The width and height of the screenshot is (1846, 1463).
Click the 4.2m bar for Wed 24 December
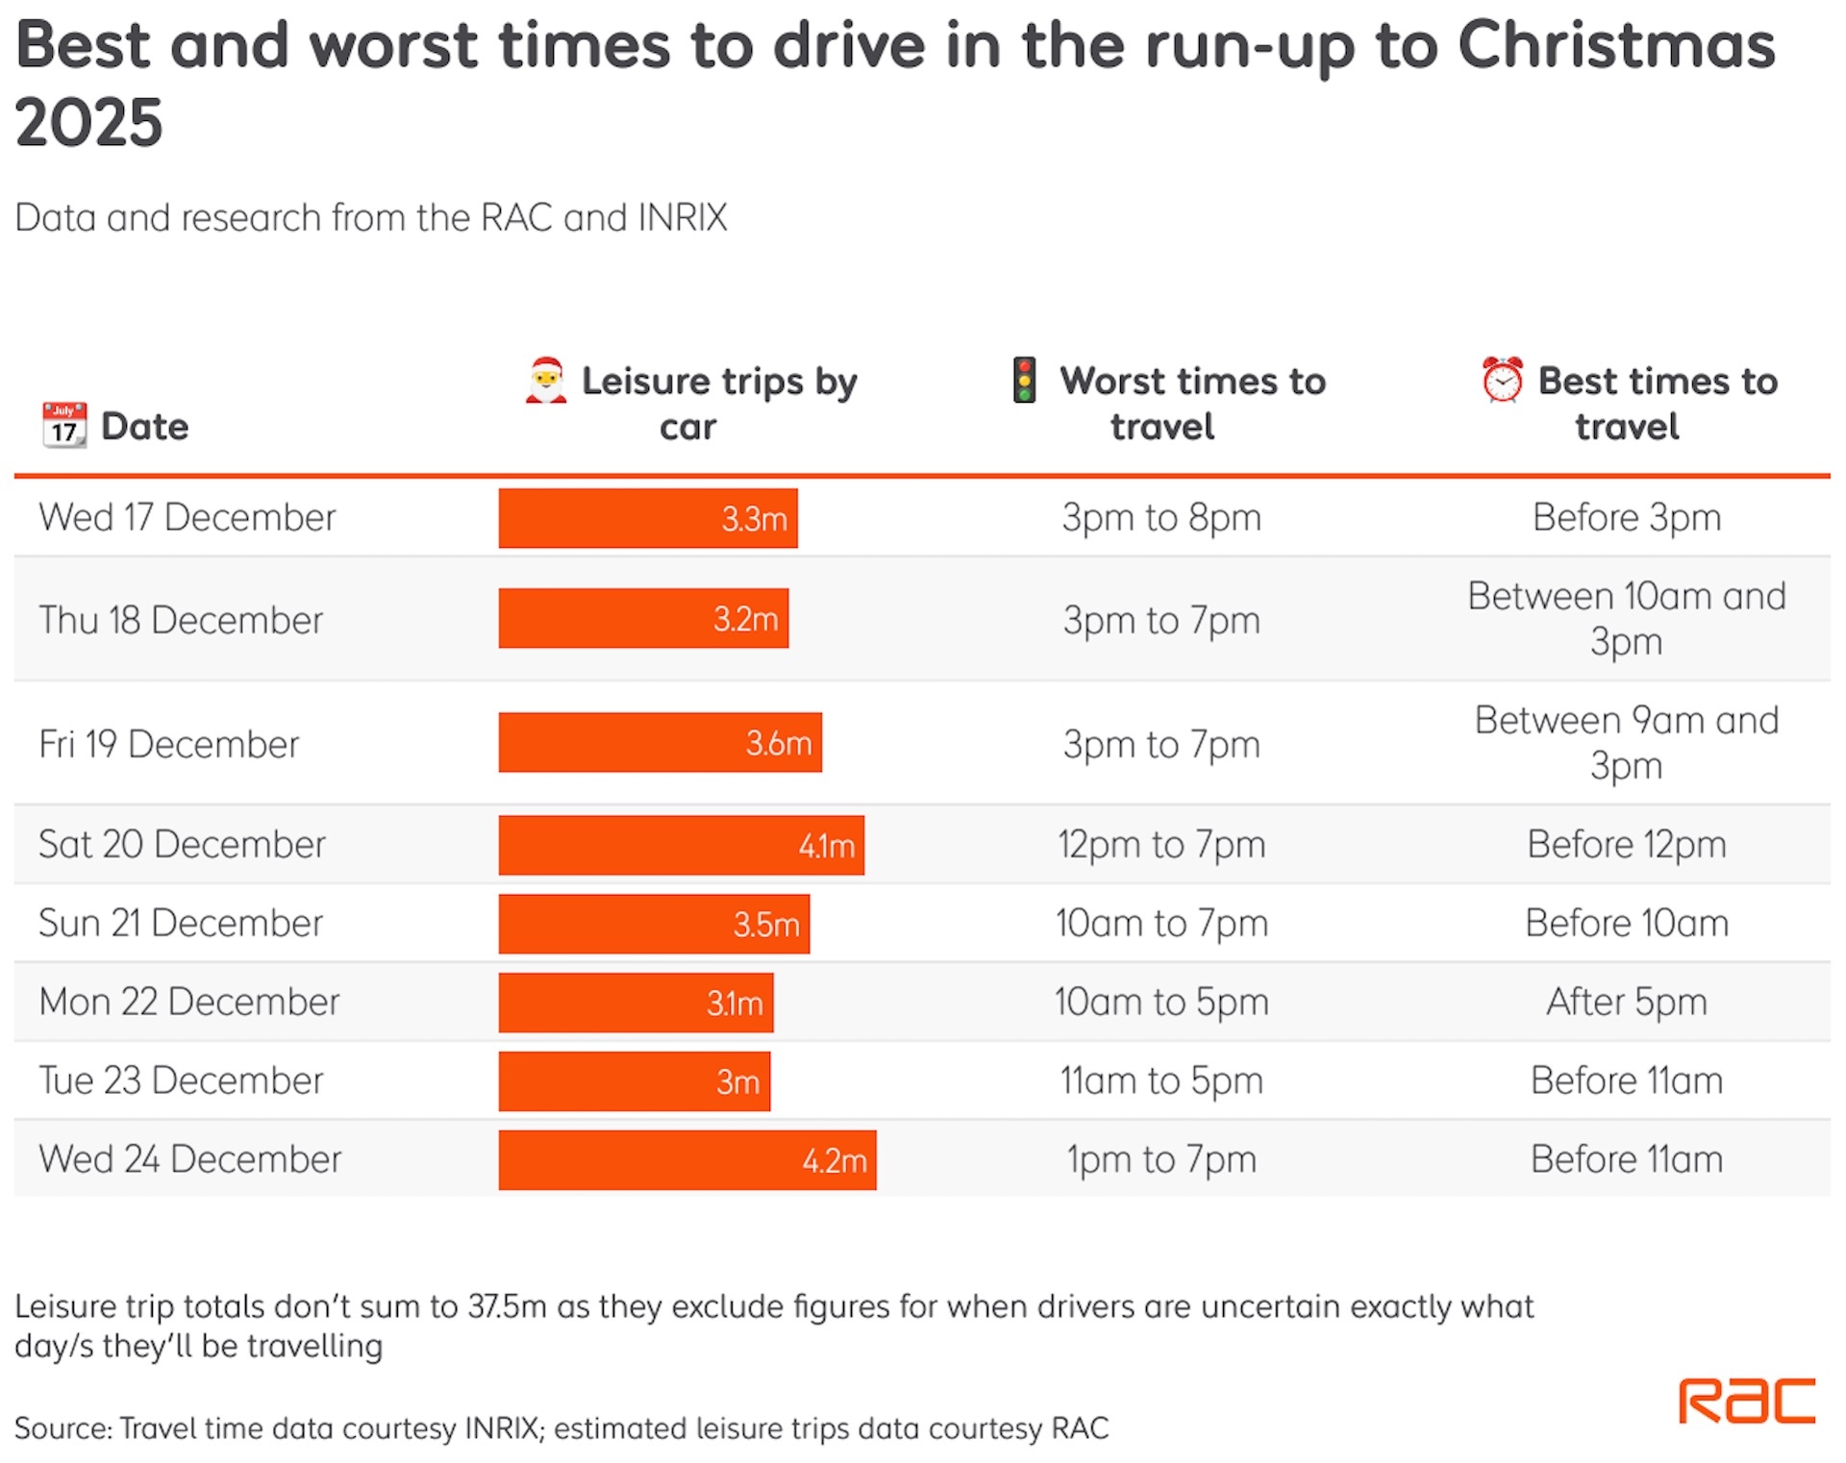pos(686,1160)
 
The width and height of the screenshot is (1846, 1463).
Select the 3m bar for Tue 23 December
pos(634,1081)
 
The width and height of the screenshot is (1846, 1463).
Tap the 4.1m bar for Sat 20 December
pos(681,845)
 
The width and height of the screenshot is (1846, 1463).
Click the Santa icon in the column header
pos(545,381)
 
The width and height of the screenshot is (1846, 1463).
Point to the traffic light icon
pos(1024,381)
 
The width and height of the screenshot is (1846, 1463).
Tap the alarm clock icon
pos(1502,381)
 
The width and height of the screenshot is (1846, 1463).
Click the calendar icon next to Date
pos(64,426)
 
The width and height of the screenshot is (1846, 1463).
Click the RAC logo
pos(1746,1401)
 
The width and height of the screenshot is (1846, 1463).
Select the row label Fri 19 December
pos(169,744)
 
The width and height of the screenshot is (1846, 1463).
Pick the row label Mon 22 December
pos(189,1002)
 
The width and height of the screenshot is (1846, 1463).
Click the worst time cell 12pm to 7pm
pos(1161,845)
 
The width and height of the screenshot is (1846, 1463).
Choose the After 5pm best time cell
pos(1627,1002)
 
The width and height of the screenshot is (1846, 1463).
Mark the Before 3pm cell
pos(1627,517)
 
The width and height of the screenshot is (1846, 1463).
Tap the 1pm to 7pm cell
pos(1161,1159)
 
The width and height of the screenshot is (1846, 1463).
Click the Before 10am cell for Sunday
pos(1627,923)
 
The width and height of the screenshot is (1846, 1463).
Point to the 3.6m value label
pos(779,743)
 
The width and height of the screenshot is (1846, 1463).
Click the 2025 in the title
pos(89,123)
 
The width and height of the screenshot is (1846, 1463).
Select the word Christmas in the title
pos(1616,45)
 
